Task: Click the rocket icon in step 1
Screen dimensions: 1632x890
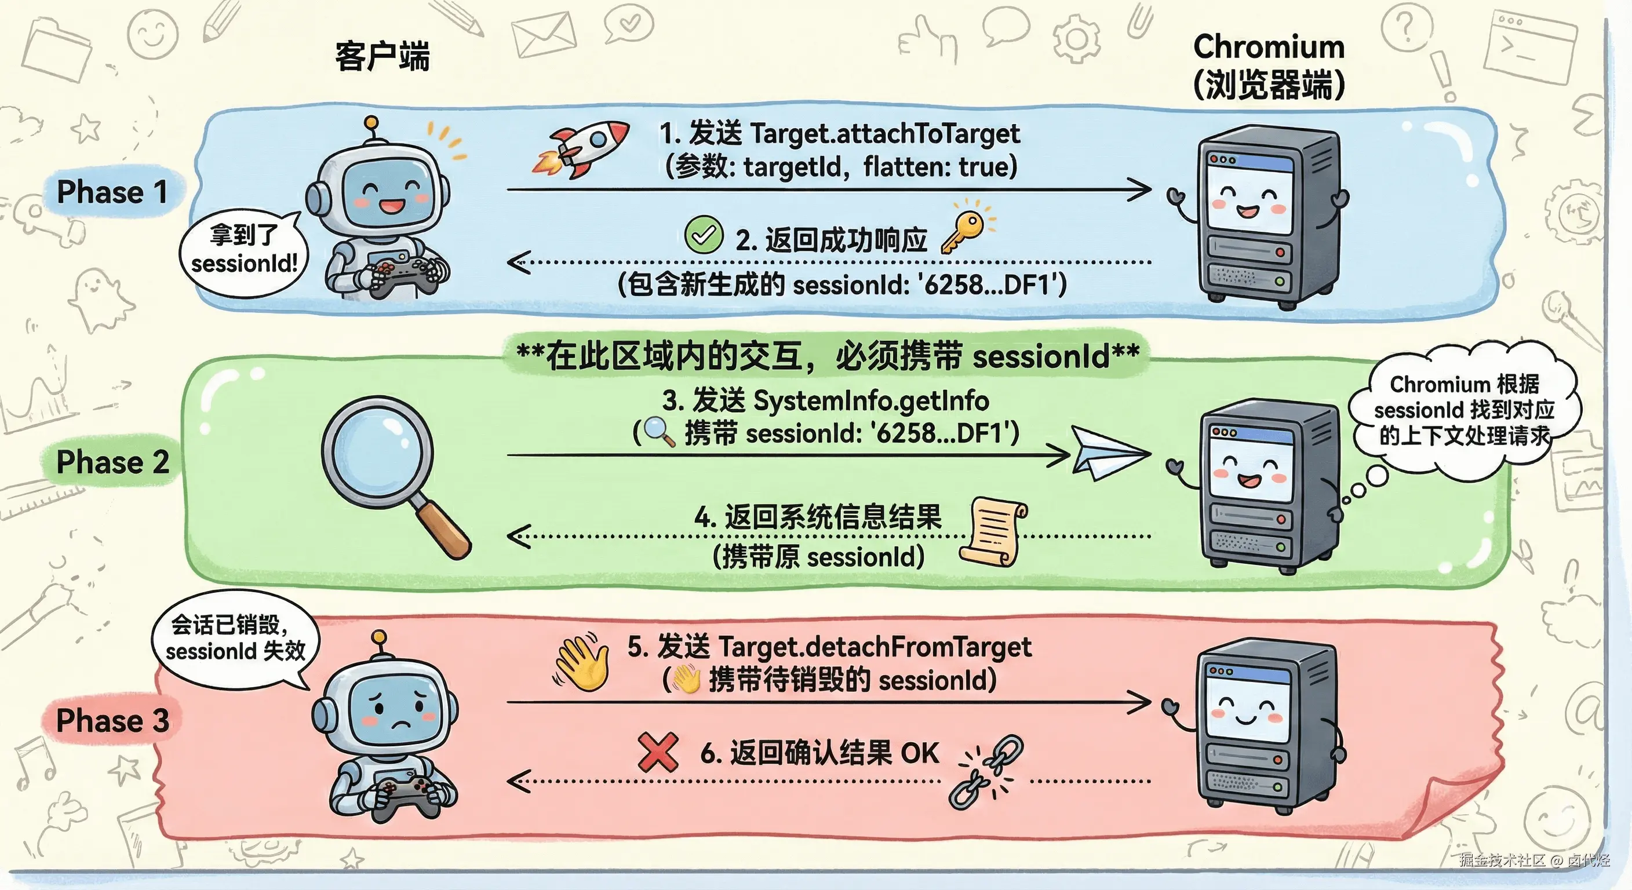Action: pyautogui.click(x=582, y=150)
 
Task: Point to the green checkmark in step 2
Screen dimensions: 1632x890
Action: pyautogui.click(x=703, y=235)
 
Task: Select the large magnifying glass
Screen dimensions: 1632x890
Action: pyautogui.click(x=389, y=469)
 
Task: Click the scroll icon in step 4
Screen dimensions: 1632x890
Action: pyautogui.click(x=993, y=531)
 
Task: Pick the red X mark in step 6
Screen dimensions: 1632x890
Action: pyautogui.click(x=658, y=752)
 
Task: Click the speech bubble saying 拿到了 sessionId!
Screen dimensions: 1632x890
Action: pyautogui.click(x=243, y=251)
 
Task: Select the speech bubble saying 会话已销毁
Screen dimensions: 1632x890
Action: pyautogui.click(x=234, y=638)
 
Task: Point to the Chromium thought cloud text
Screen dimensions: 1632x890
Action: pyautogui.click(x=1463, y=410)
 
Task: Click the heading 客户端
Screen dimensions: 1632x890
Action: pyautogui.click(x=382, y=57)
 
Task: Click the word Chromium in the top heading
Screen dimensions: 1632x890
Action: pyautogui.click(x=1269, y=47)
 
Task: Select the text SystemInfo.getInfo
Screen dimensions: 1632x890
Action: pyautogui.click(x=871, y=401)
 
